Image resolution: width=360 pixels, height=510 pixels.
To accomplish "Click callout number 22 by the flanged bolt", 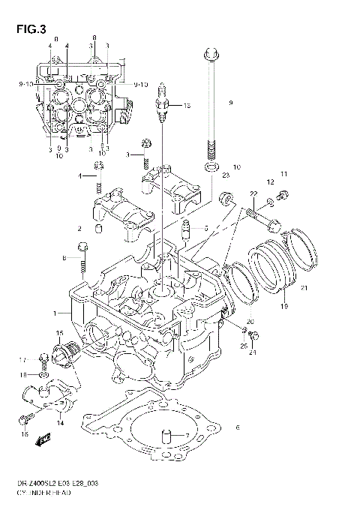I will [x=254, y=194].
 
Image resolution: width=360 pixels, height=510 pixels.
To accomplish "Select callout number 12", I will [x=271, y=182].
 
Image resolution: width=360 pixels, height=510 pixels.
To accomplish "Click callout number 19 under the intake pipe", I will [x=285, y=307].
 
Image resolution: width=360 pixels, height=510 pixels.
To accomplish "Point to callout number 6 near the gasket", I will [x=237, y=428].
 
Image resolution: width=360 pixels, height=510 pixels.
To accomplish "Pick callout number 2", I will [x=79, y=229].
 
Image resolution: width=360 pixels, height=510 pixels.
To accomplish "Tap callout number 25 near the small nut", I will [x=243, y=346].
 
